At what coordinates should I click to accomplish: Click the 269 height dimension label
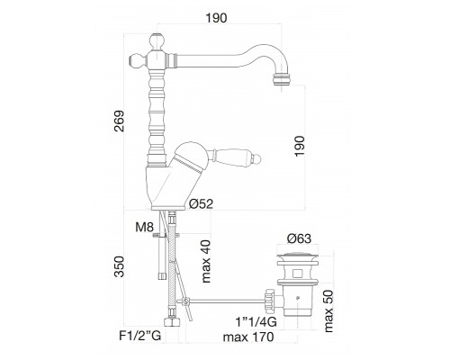[120, 121]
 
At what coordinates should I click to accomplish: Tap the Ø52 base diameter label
[201, 204]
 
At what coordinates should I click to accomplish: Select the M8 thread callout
[145, 228]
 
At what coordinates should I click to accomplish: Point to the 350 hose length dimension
[120, 266]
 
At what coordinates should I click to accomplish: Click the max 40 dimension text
[206, 261]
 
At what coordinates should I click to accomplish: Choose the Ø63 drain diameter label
[299, 238]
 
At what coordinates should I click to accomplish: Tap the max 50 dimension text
[328, 311]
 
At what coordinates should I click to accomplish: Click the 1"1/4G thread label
[256, 322]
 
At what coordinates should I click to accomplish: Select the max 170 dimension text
[248, 337]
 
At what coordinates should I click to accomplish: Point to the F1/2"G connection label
[140, 336]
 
